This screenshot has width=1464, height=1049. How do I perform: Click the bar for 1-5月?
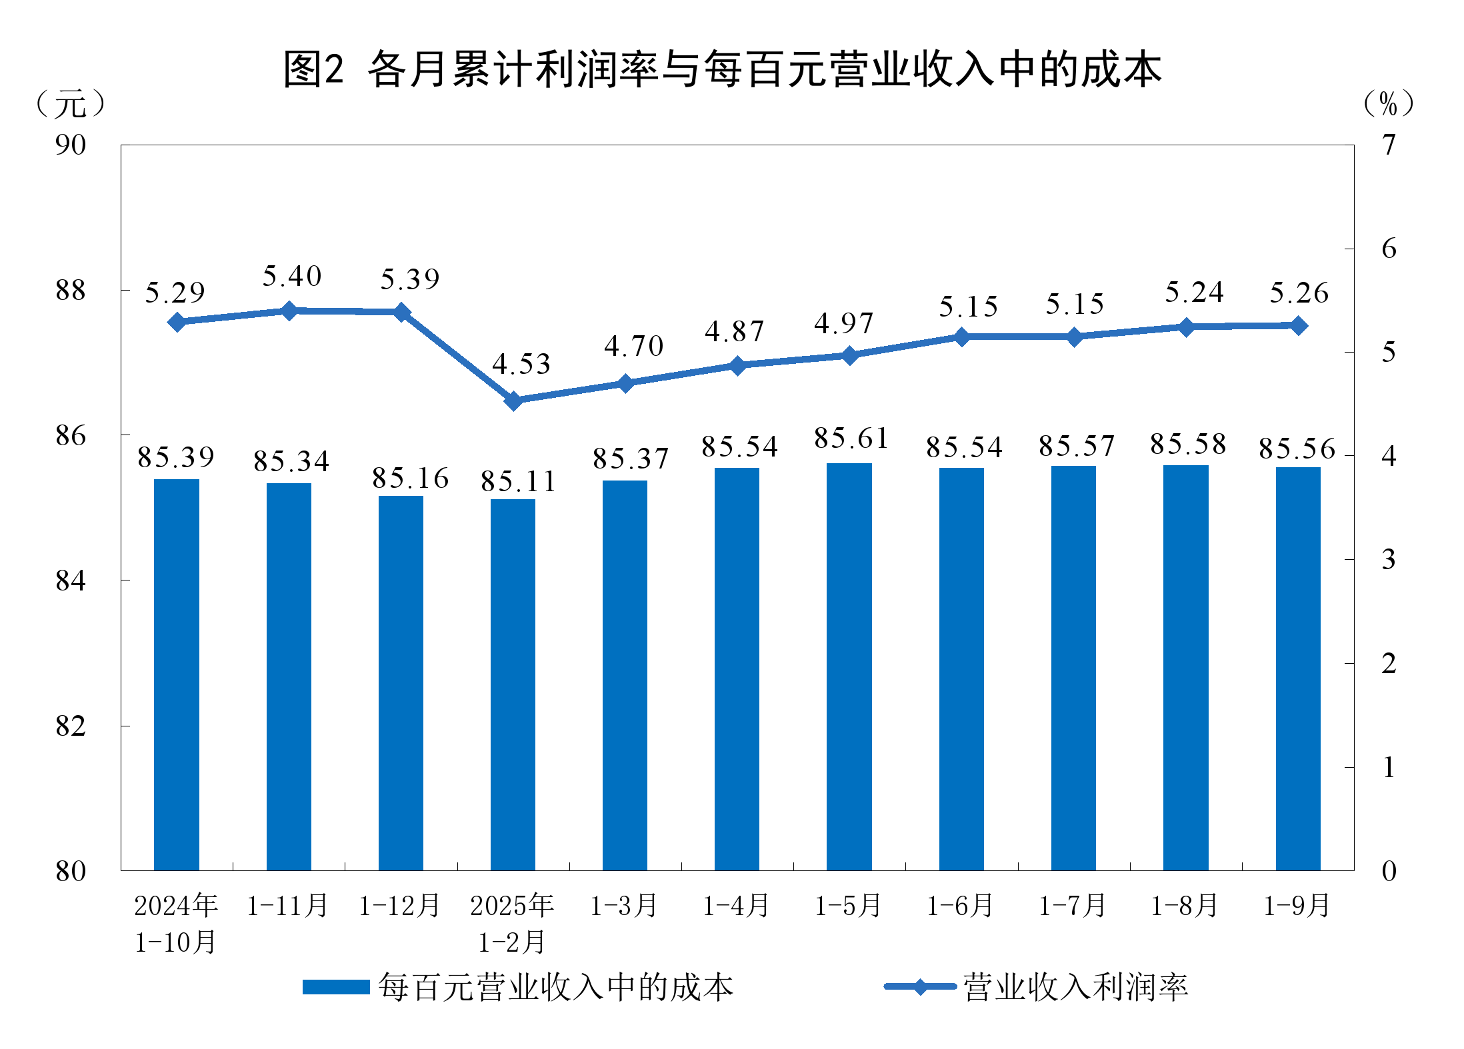click(849, 666)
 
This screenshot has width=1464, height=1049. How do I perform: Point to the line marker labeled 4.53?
click(513, 401)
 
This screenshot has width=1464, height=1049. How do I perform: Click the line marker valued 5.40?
click(289, 311)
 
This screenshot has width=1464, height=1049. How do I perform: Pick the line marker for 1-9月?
click(1298, 325)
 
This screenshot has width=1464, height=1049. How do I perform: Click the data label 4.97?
click(843, 324)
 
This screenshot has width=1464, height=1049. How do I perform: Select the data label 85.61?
click(851, 439)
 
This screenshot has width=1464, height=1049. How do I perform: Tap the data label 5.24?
click(1194, 293)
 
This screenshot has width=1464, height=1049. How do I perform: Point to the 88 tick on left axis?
click(71, 291)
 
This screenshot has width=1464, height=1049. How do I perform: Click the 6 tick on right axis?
click(1389, 249)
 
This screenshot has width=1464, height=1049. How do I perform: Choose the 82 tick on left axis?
click(71, 726)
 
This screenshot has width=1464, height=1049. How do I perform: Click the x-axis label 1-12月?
click(400, 906)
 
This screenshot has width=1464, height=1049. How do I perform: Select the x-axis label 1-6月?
click(961, 906)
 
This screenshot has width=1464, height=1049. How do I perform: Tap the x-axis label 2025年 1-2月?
click(513, 923)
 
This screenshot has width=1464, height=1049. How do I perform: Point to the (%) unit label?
click(1388, 104)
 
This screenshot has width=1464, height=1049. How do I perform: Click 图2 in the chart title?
click(313, 69)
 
